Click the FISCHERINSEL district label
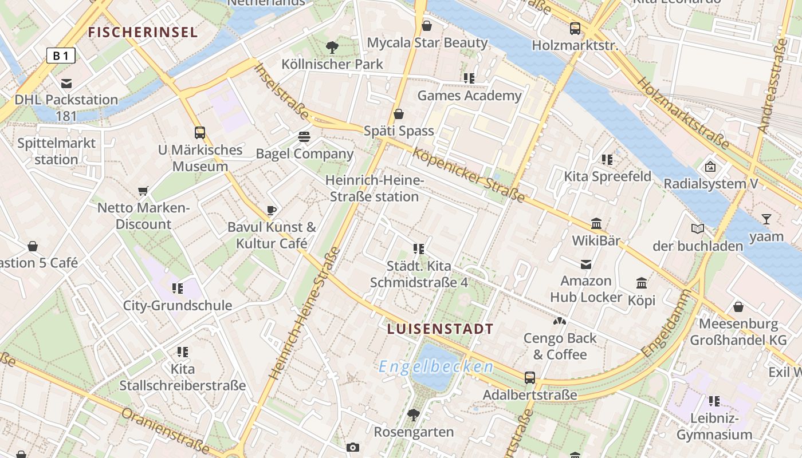pyautogui.click(x=143, y=32)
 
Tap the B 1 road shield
pyautogui.click(x=61, y=56)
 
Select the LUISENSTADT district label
pyautogui.click(x=440, y=329)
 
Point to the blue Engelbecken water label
pyautogui.click(x=436, y=367)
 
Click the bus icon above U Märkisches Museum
pyautogui.click(x=200, y=133)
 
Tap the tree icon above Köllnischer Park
pyautogui.click(x=332, y=48)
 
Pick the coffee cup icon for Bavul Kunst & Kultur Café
pyautogui.click(x=272, y=210)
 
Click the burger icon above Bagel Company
pyautogui.click(x=304, y=137)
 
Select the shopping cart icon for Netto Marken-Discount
pyautogui.click(x=143, y=191)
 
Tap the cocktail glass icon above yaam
pyautogui.click(x=766, y=219)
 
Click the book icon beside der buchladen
pyautogui.click(x=697, y=229)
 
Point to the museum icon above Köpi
pyautogui.click(x=642, y=283)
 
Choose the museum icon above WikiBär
pyautogui.click(x=596, y=223)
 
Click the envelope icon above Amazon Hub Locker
pyautogui.click(x=586, y=264)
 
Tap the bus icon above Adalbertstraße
pyautogui.click(x=530, y=378)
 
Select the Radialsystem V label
pyautogui.click(x=710, y=184)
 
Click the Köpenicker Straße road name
pyautogui.click(x=468, y=175)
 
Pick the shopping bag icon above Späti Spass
pyautogui.click(x=399, y=114)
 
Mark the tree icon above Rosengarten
pyautogui.click(x=414, y=414)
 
